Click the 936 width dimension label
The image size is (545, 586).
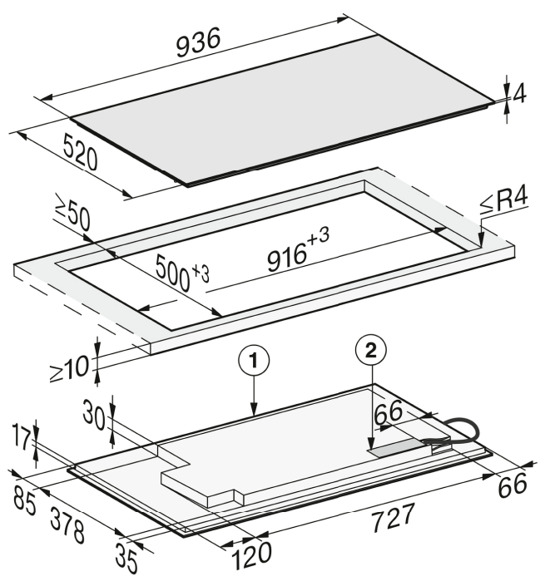(x=198, y=43)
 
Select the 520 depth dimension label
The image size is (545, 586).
(x=81, y=152)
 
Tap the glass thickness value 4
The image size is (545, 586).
(x=520, y=93)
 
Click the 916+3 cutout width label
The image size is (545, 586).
(x=298, y=250)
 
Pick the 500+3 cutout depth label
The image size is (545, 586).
(x=182, y=272)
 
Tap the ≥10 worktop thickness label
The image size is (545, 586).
(x=71, y=369)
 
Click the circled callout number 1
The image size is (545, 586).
(x=254, y=362)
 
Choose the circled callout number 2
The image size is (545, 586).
(x=371, y=351)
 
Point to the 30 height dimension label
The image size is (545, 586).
(x=94, y=415)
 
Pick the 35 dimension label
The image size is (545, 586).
(x=126, y=558)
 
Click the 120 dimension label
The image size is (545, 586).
(x=252, y=555)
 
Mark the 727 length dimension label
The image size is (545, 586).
(x=393, y=517)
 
